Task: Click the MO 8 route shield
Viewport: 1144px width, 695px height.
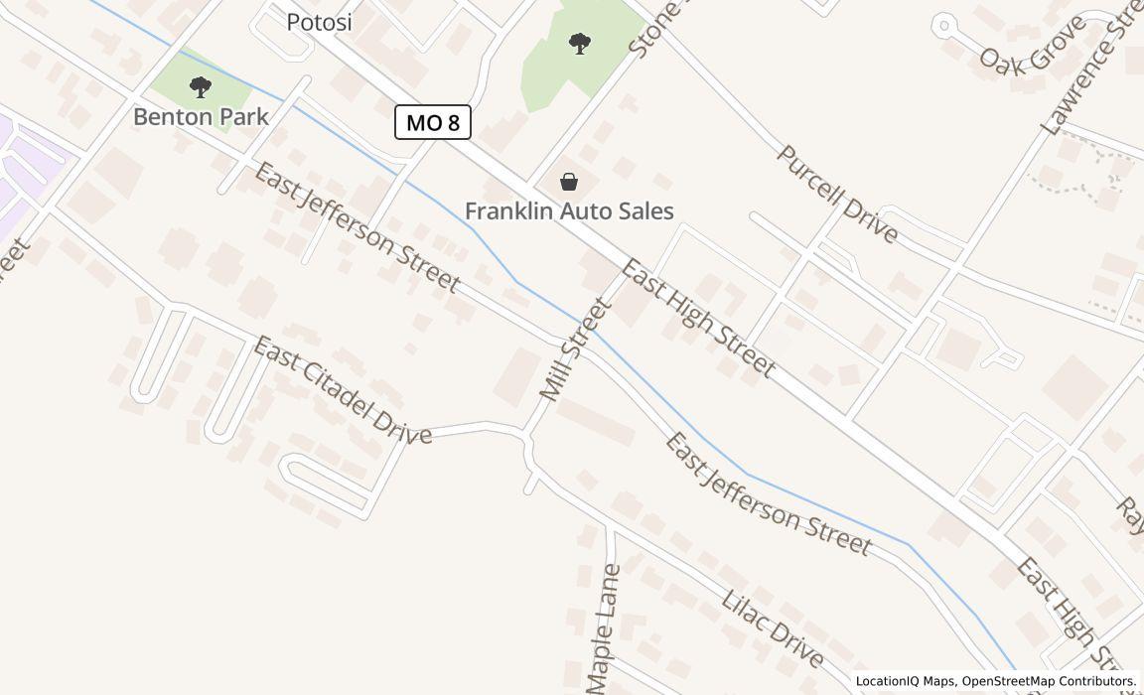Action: click(x=433, y=122)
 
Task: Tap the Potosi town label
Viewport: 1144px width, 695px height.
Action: click(x=319, y=22)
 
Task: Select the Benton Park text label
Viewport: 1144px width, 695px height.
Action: click(x=201, y=116)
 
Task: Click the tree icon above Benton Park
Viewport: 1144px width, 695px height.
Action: click(x=201, y=87)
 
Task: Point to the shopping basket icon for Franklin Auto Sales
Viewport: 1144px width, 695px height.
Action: click(x=569, y=182)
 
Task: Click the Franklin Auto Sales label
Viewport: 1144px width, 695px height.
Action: click(x=569, y=210)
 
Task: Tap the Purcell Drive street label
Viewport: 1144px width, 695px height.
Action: click(x=837, y=194)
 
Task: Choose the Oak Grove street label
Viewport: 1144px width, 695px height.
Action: click(x=1032, y=45)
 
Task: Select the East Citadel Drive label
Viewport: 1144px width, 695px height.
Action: click(x=343, y=390)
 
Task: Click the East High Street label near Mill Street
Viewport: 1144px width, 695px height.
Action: click(x=698, y=318)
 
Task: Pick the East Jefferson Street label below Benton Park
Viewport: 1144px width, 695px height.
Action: click(x=357, y=228)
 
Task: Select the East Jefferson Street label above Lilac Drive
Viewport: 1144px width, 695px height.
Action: click(x=768, y=493)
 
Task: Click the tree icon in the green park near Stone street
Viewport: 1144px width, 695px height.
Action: click(x=580, y=43)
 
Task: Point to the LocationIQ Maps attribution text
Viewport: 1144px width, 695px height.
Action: click(x=905, y=681)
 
